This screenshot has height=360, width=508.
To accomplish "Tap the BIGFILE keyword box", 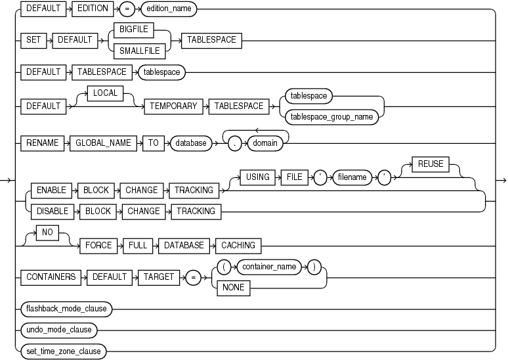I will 132,28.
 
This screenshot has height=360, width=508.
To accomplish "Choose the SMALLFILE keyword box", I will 132,50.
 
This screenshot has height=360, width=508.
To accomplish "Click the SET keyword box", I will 33,39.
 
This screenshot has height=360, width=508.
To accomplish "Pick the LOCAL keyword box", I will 105,93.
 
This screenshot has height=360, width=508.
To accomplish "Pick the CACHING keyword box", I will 238,245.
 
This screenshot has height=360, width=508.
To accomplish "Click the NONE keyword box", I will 234,288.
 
